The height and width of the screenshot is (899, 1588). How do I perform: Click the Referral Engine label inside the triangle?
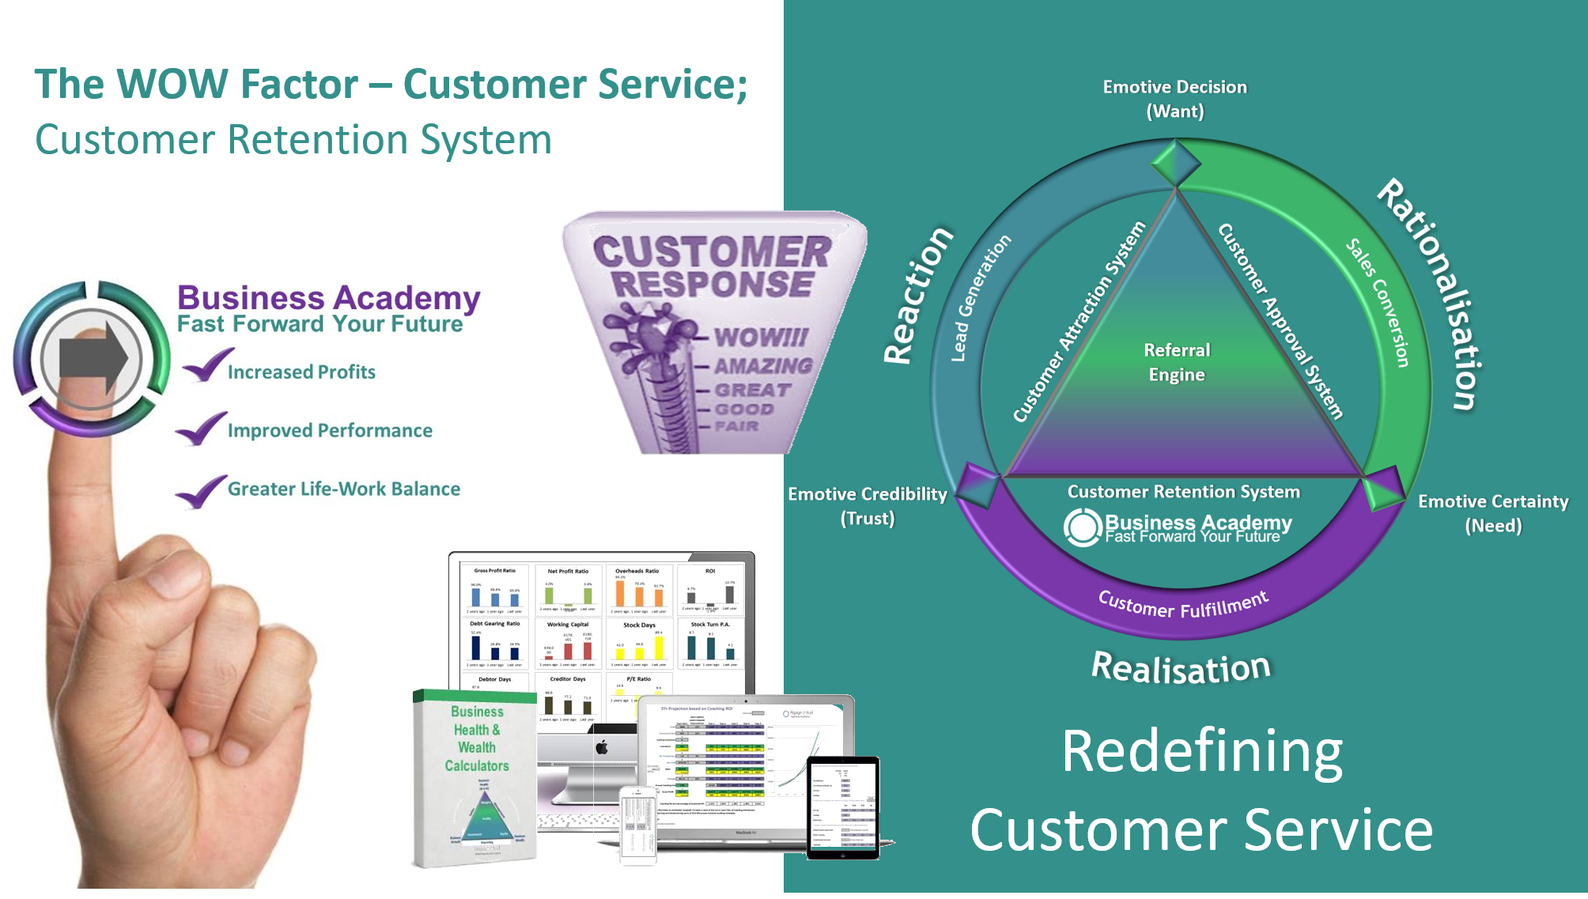1177,362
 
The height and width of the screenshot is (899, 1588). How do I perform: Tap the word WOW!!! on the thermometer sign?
760,338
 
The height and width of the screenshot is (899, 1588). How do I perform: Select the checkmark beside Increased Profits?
206,365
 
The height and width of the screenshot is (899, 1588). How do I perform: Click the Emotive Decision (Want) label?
1175,99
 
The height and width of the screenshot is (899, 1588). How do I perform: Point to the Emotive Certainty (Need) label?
1493,513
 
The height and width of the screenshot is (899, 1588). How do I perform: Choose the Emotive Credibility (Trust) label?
868,506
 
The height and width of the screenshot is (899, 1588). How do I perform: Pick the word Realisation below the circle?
1181,668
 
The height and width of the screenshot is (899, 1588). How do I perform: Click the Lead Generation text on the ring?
980,298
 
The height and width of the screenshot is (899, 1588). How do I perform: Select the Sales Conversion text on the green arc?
1378,302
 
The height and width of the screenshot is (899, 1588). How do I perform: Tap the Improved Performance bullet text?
330,431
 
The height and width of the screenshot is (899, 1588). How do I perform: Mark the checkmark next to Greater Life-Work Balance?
201,491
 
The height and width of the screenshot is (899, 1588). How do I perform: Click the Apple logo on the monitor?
602,747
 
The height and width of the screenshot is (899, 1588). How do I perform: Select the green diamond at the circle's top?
1176,163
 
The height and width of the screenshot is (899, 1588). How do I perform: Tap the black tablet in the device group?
843,807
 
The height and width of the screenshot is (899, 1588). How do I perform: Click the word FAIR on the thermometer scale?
736,427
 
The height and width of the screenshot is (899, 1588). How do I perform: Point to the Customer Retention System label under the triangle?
1183,492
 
